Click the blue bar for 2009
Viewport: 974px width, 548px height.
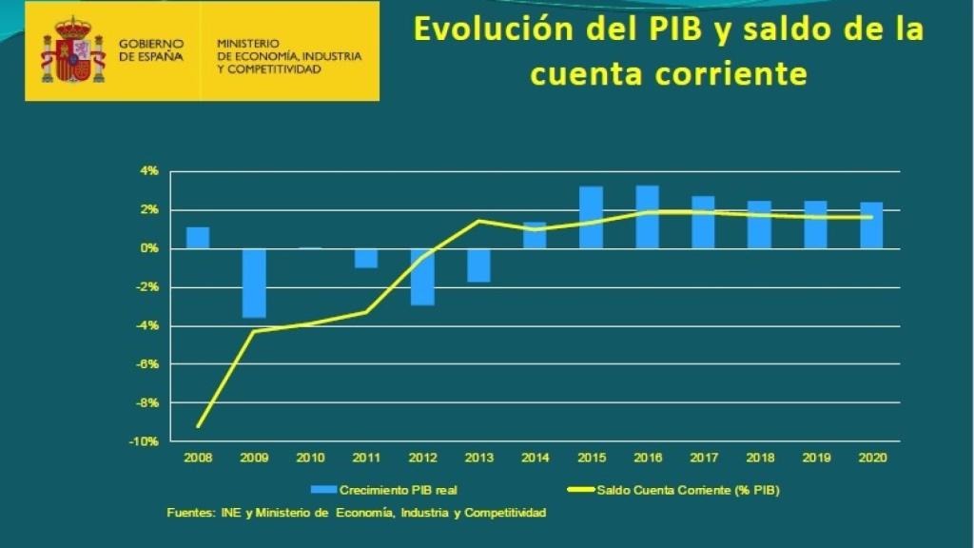[254, 283]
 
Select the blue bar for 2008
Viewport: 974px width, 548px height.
[198, 238]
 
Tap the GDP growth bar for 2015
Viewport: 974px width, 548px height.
[591, 218]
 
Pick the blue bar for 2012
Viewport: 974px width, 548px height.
[422, 277]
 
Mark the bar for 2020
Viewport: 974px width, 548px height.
[871, 225]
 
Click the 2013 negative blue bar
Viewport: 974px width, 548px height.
[478, 265]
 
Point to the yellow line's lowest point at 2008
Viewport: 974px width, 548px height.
[198, 425]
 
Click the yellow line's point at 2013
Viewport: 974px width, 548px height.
[478, 221]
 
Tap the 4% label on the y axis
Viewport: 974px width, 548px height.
[150, 172]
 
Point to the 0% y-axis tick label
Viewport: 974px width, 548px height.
[150, 249]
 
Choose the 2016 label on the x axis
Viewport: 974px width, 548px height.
[647, 458]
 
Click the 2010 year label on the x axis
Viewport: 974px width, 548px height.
[310, 458]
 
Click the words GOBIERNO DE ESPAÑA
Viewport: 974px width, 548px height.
[151, 50]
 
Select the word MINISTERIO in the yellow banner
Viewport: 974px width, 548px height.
[248, 43]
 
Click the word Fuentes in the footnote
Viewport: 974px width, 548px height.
[187, 513]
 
